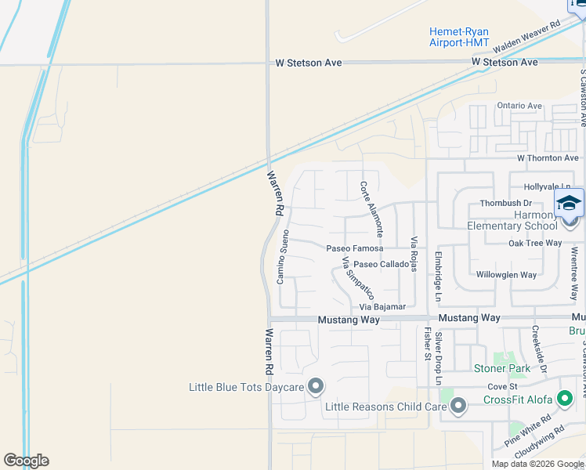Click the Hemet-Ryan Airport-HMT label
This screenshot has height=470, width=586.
(x=459, y=37)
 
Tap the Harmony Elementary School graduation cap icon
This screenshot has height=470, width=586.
(x=569, y=204)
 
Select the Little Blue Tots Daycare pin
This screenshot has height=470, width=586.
(x=316, y=387)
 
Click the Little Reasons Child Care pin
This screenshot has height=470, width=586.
(x=458, y=406)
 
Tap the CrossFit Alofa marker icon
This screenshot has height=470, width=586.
(x=565, y=399)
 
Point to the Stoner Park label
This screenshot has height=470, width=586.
(x=501, y=368)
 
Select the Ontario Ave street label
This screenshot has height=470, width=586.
(x=519, y=106)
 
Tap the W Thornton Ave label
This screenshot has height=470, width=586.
(x=547, y=158)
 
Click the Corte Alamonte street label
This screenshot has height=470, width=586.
(x=371, y=209)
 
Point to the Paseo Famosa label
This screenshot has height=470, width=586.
(x=355, y=248)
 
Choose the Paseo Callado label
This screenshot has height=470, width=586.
(x=381, y=265)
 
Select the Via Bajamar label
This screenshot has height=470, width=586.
(x=383, y=306)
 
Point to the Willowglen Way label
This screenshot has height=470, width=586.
(x=506, y=275)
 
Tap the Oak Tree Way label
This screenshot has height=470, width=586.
(x=535, y=243)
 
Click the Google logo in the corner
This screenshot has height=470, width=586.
(x=26, y=461)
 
